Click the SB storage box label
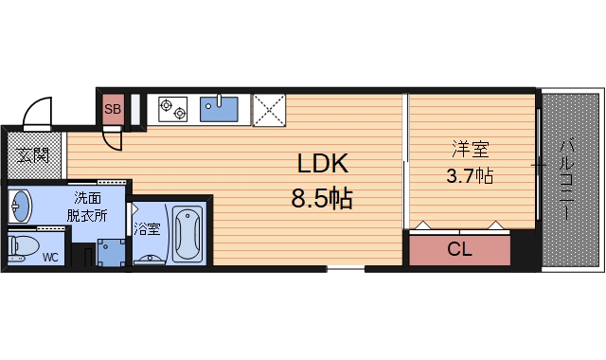(x=113, y=110)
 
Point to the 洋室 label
(x=469, y=149)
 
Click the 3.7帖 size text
(x=469, y=175)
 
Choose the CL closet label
(x=459, y=251)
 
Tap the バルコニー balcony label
(x=567, y=180)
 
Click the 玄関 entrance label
(x=34, y=153)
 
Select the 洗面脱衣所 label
(x=87, y=207)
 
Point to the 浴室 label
(x=146, y=228)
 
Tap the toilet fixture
(x=23, y=248)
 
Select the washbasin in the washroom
(x=21, y=204)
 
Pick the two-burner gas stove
(x=173, y=109)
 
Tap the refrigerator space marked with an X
(x=269, y=109)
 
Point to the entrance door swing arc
(x=38, y=112)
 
